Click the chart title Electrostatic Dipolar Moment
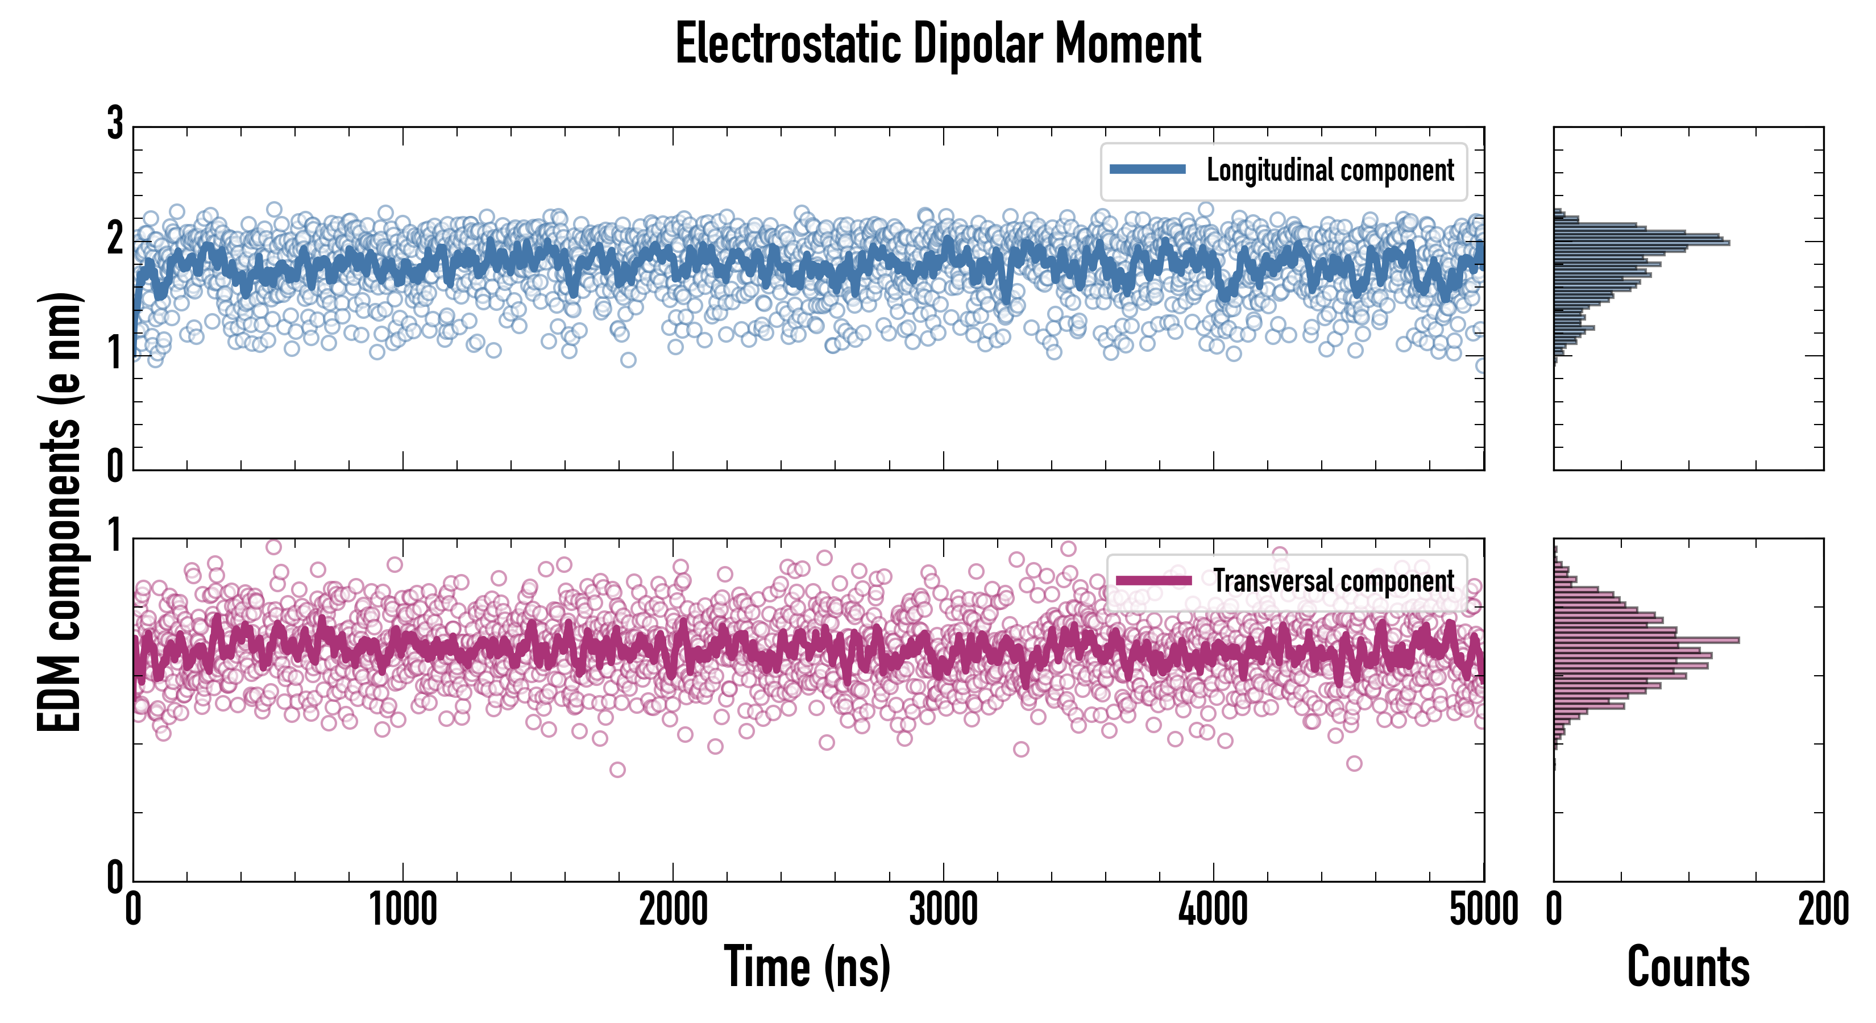(x=938, y=44)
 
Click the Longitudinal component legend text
(x=1330, y=170)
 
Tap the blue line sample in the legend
(x=1148, y=170)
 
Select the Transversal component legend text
(x=1334, y=581)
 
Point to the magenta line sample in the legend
(x=1153, y=580)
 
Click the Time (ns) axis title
(x=807, y=966)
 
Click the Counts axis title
(x=1688, y=966)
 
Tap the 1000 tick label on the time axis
(x=402, y=909)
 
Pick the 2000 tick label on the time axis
(x=673, y=909)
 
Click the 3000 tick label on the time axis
(x=943, y=909)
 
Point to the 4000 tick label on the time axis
(x=1213, y=909)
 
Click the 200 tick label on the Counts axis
(x=1823, y=909)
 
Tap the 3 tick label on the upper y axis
(x=115, y=124)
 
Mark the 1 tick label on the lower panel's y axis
(x=115, y=537)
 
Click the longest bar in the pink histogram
(x=1646, y=640)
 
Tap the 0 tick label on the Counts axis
(x=1554, y=909)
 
